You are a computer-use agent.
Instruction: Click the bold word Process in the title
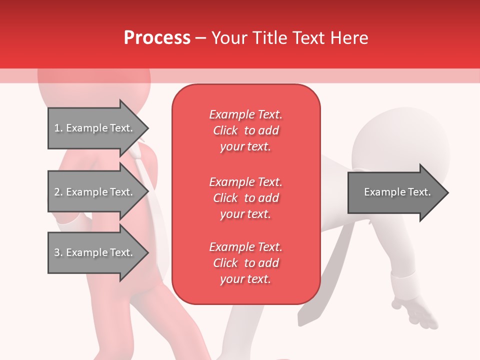(157, 38)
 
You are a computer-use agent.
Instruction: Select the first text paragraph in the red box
(245, 130)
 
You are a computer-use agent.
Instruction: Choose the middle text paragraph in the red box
(245, 198)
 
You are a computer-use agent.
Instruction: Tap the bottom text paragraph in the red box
(245, 263)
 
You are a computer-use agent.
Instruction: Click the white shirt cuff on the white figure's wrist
(407, 285)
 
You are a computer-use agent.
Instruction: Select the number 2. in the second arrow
(58, 192)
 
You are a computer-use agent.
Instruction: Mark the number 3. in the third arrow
(58, 252)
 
